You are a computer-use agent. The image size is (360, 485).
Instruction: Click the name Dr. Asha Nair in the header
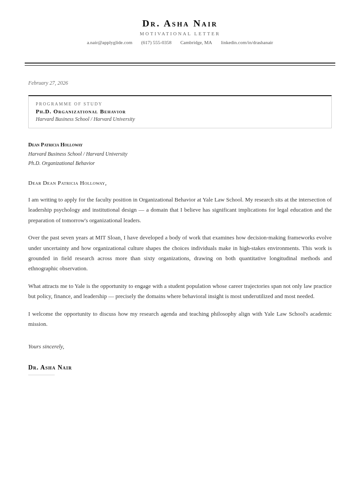click(180, 23)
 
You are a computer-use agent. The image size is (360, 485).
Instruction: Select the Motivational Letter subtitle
click(180, 34)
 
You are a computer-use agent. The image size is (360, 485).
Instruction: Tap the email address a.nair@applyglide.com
click(109, 42)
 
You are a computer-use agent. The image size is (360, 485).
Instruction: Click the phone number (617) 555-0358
click(156, 42)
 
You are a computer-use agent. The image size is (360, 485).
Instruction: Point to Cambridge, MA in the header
click(196, 42)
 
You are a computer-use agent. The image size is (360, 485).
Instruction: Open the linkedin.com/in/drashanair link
click(247, 42)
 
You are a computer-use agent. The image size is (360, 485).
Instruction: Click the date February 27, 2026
click(48, 83)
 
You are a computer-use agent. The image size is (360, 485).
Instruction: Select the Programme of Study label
click(69, 104)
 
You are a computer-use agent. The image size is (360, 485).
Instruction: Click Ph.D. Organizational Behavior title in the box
click(81, 112)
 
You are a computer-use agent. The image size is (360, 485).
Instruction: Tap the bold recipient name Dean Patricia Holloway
click(55, 145)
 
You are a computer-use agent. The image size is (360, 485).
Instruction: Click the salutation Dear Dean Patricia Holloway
click(67, 183)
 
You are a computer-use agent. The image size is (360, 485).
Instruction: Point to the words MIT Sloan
click(108, 238)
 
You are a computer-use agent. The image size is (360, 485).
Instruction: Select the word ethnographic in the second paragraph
click(44, 269)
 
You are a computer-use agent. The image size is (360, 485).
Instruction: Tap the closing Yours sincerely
click(46, 347)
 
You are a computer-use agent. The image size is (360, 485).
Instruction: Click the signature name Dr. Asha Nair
click(50, 368)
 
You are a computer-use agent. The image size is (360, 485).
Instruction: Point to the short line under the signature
click(41, 375)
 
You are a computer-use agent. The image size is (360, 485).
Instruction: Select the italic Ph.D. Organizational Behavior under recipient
click(61, 163)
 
